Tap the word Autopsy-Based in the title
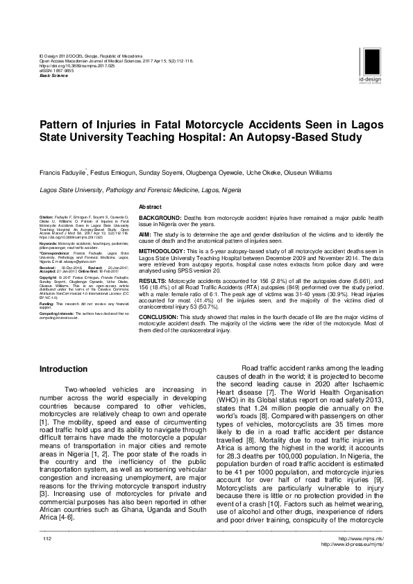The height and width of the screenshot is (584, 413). (x=282, y=137)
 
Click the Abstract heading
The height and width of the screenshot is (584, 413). (x=151, y=207)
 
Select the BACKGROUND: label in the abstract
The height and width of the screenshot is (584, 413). (x=163, y=218)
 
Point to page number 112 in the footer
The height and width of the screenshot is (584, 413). (x=48, y=559)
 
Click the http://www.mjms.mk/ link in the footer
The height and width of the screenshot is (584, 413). (x=355, y=559)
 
